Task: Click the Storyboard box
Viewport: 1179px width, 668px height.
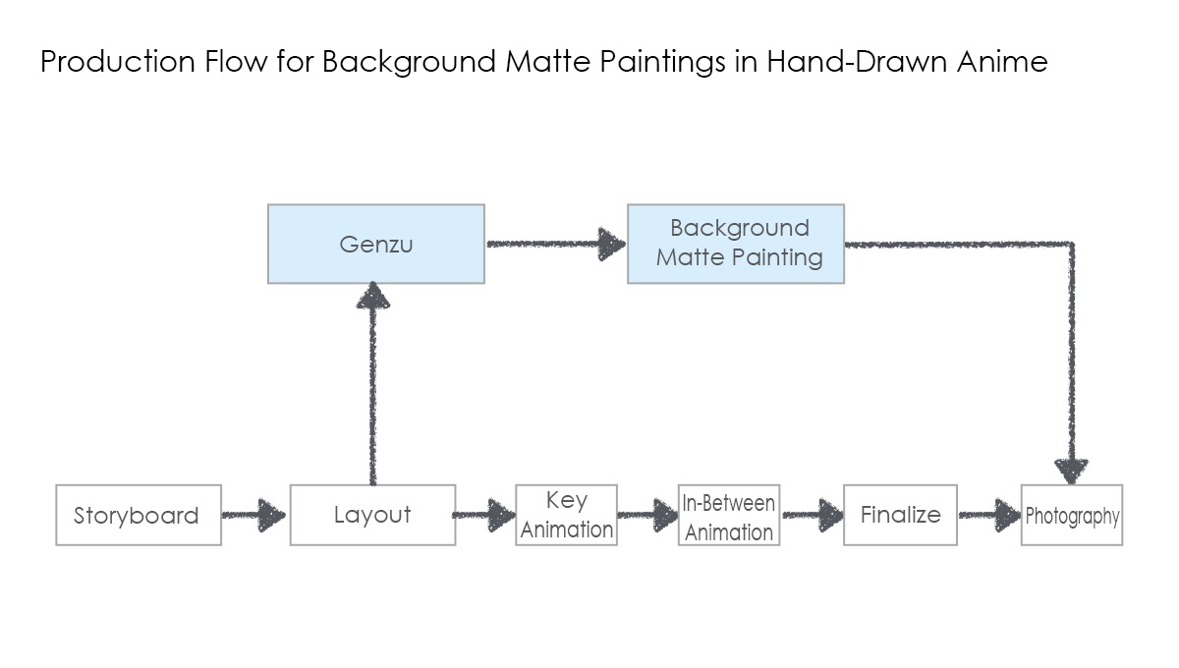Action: pos(139,515)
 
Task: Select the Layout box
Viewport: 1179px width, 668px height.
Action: pos(372,515)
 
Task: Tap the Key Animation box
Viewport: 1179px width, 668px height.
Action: pos(566,515)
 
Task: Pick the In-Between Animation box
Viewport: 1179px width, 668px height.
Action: pos(729,515)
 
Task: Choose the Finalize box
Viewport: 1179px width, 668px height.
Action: pos(901,515)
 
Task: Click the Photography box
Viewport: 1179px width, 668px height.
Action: pos(1072,515)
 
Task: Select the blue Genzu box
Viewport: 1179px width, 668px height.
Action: pos(375,245)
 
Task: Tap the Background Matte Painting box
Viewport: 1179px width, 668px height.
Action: pos(736,245)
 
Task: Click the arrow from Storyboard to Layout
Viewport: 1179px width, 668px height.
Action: pos(253,515)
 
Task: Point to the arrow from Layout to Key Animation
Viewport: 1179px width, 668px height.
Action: pos(484,515)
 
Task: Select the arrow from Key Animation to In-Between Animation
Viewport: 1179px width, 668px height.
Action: pos(647,515)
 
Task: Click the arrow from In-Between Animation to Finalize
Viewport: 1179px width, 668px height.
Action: pos(814,515)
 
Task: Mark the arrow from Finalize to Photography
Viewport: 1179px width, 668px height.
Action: pos(990,515)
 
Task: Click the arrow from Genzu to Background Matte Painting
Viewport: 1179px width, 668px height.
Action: pos(556,244)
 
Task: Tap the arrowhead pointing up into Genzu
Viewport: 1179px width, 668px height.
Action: pos(373,296)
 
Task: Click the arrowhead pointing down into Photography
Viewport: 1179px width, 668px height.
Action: pos(1072,472)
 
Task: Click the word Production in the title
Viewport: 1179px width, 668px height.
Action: pos(118,61)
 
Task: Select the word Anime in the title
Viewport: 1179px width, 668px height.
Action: pos(1002,61)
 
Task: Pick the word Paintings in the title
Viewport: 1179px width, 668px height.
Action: pos(662,62)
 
